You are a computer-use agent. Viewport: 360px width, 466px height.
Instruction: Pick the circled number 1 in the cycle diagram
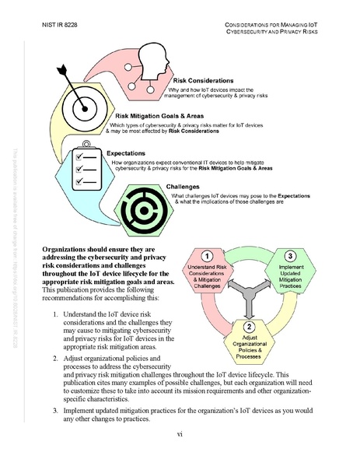click(208, 256)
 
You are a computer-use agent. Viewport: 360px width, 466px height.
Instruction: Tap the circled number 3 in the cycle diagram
click(290, 256)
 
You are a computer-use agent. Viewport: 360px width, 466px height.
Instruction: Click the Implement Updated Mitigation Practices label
click(290, 279)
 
